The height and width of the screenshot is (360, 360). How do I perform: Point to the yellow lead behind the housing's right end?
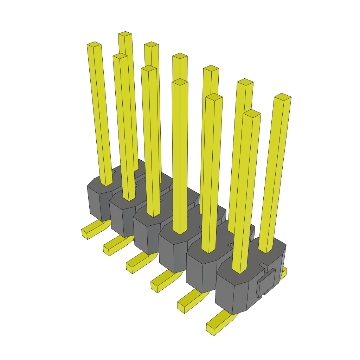(x=284, y=272)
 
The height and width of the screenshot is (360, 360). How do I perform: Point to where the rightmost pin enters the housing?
(x=266, y=250)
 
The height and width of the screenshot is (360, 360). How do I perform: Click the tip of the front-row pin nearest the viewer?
(x=252, y=113)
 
